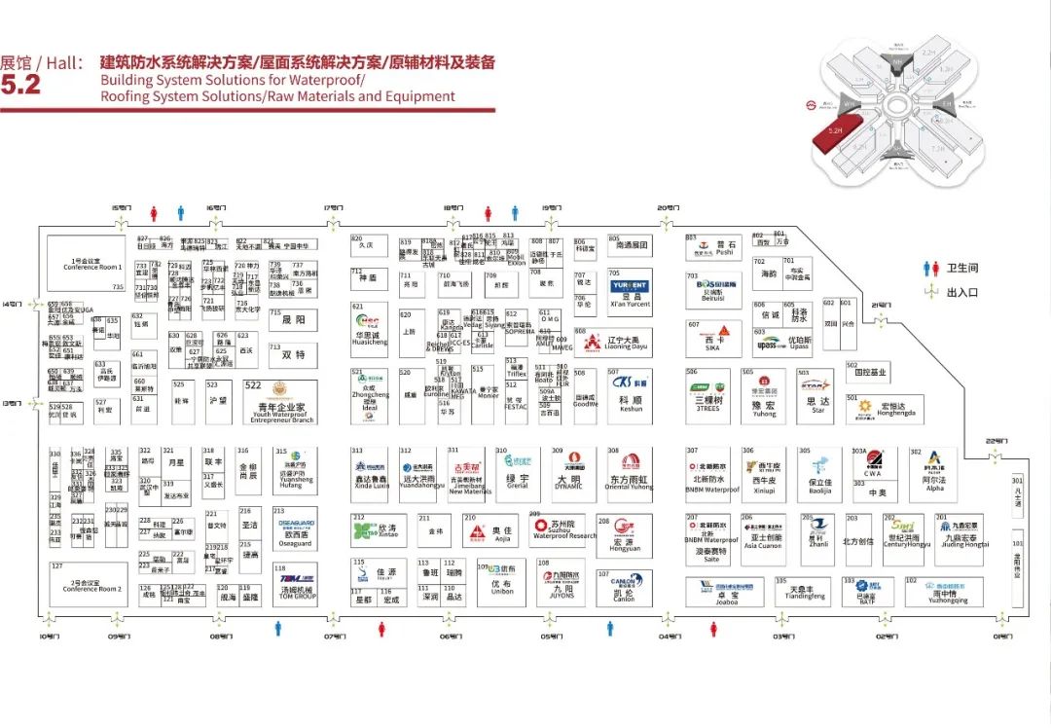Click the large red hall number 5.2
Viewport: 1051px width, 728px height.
click(20, 85)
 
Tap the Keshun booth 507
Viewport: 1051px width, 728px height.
click(630, 396)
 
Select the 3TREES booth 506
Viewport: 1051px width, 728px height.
click(707, 396)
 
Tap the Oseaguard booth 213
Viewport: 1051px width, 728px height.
click(295, 528)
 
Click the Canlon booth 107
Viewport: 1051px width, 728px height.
click(624, 585)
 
